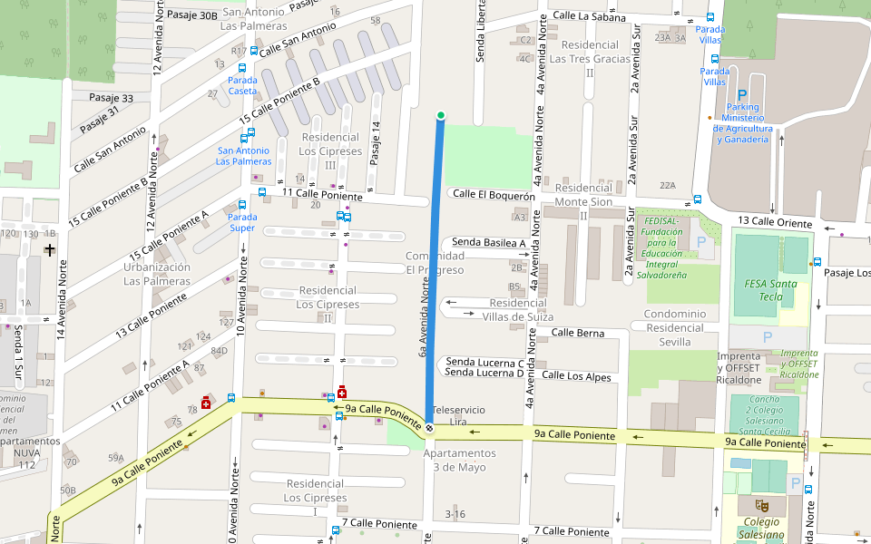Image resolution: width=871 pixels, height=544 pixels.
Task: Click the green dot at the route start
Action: (441, 115)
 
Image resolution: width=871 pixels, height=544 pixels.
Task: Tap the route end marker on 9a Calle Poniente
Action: (429, 427)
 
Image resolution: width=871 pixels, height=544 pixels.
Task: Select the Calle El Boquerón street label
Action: (494, 194)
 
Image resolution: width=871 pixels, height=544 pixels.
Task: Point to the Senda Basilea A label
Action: (489, 243)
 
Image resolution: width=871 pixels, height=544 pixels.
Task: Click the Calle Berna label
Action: (578, 333)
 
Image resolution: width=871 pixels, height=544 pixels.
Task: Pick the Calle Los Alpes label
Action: (576, 375)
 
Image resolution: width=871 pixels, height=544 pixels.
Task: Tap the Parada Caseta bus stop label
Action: (242, 85)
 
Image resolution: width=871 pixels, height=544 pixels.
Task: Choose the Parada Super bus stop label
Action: (242, 222)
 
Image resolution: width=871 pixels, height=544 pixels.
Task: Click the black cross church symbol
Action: (49, 249)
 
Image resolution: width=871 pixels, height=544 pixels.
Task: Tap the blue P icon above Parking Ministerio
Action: (742, 94)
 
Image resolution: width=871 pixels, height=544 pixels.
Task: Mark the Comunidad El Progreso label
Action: (435, 263)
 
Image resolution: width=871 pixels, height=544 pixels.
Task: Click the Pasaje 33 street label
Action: (111, 98)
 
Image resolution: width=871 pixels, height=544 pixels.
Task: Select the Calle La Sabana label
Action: (589, 16)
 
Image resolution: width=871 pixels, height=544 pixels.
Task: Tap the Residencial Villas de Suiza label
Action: (518, 310)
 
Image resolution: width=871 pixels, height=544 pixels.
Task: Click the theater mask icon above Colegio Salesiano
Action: (762, 505)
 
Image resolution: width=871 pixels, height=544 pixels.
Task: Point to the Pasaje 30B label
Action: (191, 15)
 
